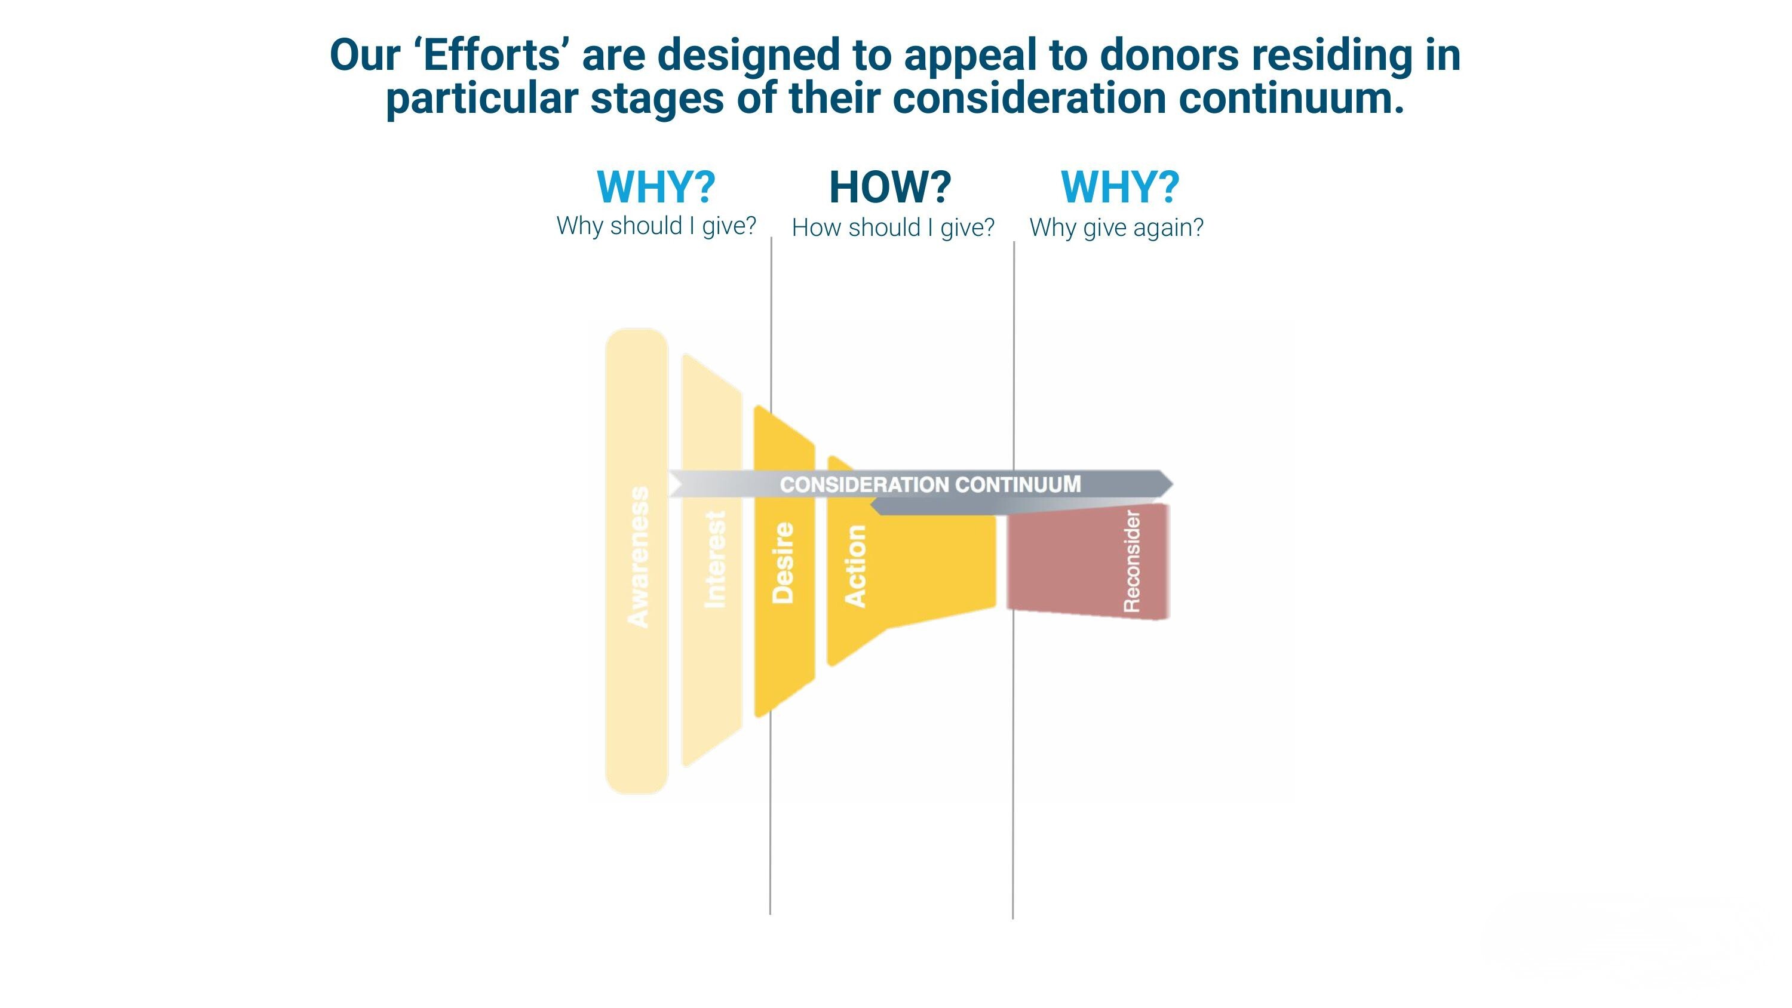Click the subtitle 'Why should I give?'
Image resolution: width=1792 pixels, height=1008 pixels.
656,226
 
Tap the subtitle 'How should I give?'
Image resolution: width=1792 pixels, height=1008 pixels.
893,228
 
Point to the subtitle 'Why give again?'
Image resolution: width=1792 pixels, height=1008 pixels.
1116,228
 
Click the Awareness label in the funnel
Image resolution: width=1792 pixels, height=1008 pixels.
639,557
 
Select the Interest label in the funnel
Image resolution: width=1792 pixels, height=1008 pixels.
715,560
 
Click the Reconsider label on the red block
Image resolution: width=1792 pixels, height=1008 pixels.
1133,561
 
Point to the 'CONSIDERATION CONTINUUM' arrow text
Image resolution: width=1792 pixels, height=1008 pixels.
930,484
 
